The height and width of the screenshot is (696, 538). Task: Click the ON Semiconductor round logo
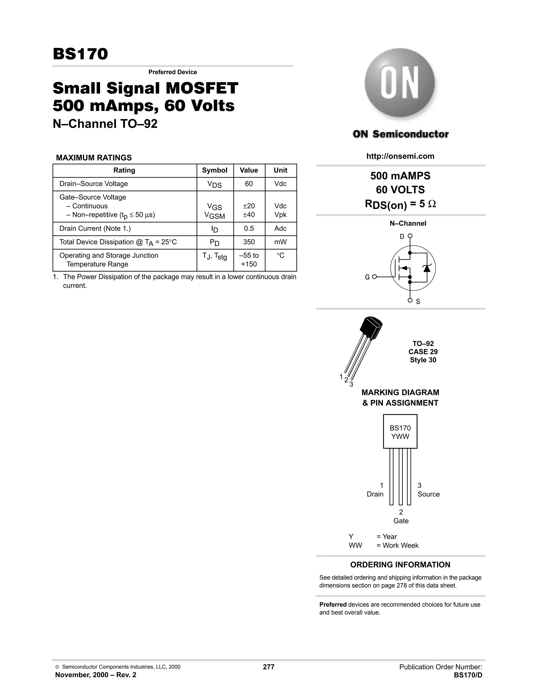(x=400, y=83)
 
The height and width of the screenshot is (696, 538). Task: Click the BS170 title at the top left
(x=80, y=54)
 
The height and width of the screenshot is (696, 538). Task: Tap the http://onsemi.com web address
(x=400, y=156)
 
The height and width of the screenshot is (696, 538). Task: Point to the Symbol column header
(x=215, y=170)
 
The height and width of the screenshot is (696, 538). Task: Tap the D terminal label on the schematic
(x=402, y=236)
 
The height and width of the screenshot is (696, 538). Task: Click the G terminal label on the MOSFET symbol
(x=367, y=277)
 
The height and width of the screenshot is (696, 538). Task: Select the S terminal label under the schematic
(x=418, y=302)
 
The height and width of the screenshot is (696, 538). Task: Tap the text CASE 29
(x=423, y=352)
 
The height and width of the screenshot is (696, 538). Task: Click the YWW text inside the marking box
(x=400, y=437)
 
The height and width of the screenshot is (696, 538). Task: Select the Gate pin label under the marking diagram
(x=401, y=521)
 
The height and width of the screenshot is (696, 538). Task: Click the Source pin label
(x=428, y=494)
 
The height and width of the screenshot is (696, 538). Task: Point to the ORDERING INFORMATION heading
(x=400, y=565)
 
